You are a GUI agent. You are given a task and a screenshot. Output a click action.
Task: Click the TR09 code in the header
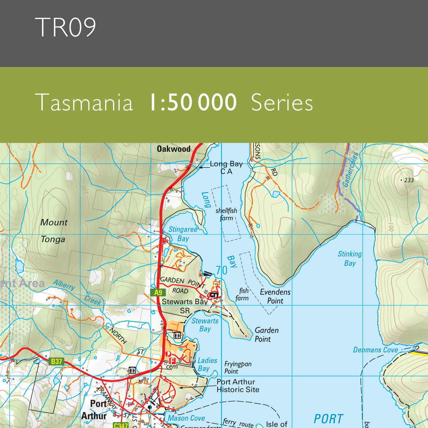click(66, 27)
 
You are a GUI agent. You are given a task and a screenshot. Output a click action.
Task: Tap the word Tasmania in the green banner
click(84, 103)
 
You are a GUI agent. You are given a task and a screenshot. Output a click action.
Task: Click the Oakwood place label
click(174, 149)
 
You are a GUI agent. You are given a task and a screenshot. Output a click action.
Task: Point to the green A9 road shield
click(158, 293)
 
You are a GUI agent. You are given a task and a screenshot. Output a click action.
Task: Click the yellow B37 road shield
click(56, 361)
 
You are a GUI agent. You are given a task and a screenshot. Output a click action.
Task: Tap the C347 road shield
click(120, 425)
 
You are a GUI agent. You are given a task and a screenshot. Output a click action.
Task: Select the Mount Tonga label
click(53, 231)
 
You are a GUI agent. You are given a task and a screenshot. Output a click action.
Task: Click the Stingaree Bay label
click(183, 234)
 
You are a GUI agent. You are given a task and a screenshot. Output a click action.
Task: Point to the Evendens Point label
click(275, 296)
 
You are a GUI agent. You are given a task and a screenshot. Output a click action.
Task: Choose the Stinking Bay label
click(350, 259)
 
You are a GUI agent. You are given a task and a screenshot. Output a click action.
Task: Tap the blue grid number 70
click(221, 270)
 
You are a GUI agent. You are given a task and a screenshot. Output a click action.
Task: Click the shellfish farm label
click(226, 214)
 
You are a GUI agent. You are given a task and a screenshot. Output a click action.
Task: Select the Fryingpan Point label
click(238, 367)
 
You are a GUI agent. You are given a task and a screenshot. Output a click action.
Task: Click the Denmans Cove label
click(375, 350)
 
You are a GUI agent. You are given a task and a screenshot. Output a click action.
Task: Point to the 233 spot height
click(407, 180)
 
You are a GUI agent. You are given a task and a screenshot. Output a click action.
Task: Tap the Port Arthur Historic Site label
click(238, 386)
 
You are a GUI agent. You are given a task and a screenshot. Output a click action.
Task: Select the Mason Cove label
click(186, 418)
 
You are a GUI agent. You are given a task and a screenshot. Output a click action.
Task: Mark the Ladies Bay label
click(207, 365)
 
